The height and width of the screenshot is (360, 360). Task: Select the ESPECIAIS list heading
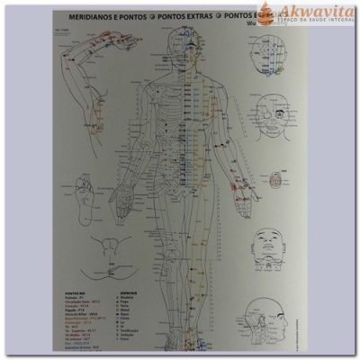tap(130, 292)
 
